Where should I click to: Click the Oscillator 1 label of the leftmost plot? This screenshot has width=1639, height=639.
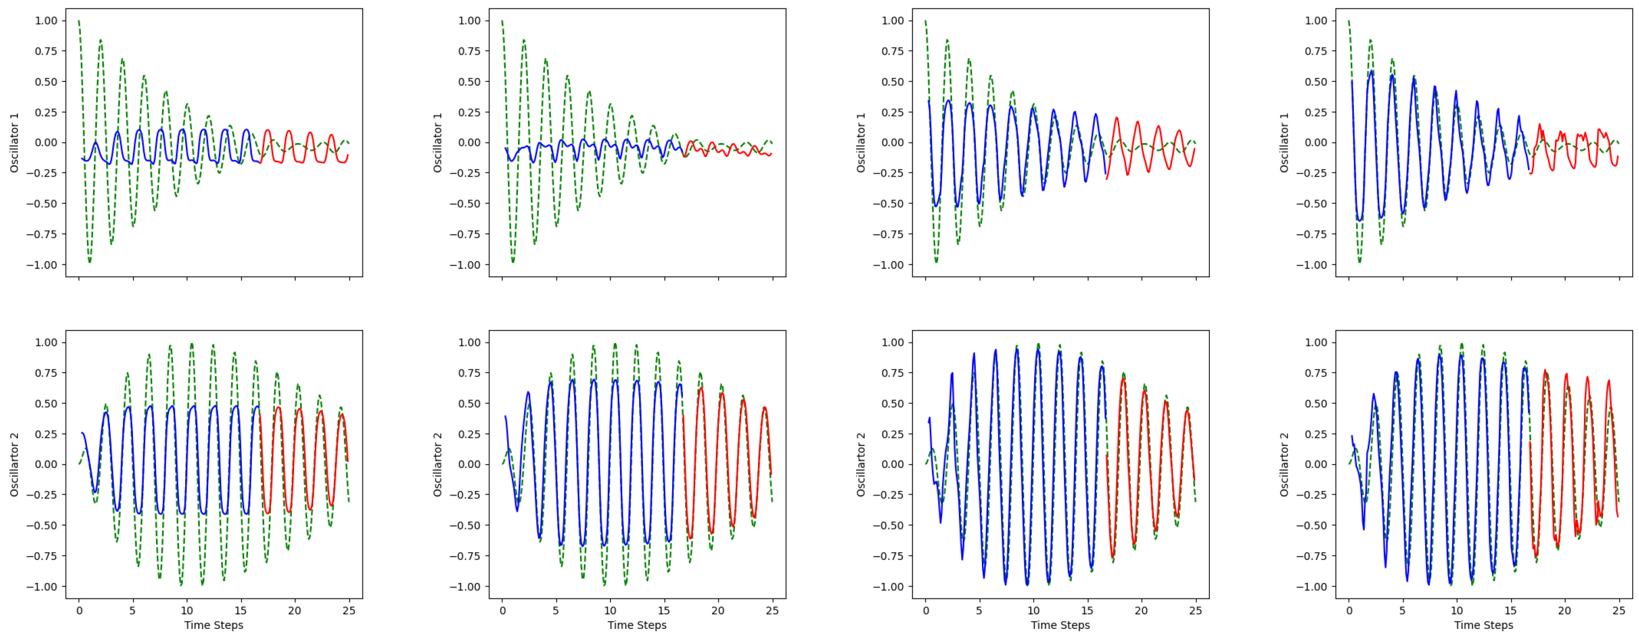14,142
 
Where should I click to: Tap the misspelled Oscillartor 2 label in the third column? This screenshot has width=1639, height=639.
860,464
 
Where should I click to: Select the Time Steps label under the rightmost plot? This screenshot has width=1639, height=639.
1483,625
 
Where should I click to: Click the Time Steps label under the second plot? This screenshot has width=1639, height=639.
637,625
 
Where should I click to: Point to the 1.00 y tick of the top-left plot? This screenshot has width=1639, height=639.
46,21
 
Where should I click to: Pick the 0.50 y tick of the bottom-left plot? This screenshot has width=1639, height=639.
46,404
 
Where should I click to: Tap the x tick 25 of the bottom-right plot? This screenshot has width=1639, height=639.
1619,611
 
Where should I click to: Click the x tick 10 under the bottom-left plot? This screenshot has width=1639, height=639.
186,611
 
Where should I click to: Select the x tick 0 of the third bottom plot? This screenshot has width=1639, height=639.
926,611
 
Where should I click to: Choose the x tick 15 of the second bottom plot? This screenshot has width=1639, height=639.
664,611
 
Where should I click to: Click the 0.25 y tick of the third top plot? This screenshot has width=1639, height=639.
893,113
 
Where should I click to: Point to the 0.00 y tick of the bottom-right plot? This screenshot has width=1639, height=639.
1316,465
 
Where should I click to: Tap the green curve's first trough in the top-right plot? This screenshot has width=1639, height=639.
1359,261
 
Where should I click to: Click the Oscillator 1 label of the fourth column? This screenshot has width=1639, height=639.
1284,142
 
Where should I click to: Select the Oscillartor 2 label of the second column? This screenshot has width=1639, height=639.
437,464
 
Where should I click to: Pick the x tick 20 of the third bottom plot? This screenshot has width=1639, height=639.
1141,611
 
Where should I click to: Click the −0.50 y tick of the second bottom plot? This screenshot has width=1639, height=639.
466,526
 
